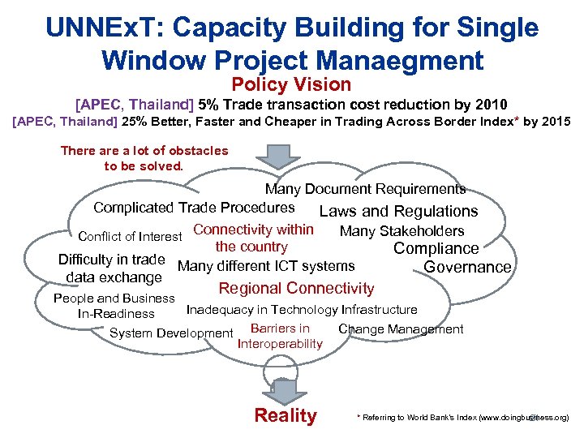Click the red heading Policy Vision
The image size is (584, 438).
(291, 84)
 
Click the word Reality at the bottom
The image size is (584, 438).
(286, 416)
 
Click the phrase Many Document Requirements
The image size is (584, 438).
(365, 189)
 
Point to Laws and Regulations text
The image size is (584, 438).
(398, 211)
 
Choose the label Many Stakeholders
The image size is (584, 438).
(401, 231)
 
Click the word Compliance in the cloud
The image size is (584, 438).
(436, 249)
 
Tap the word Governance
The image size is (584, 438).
(467, 267)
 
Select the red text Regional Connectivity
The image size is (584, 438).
(296, 288)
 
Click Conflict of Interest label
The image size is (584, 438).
(130, 237)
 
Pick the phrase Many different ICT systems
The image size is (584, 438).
(266, 266)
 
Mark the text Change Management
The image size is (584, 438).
(401, 328)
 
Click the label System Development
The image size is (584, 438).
(171, 333)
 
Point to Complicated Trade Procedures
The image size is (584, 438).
(194, 208)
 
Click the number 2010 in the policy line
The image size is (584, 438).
(491, 105)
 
